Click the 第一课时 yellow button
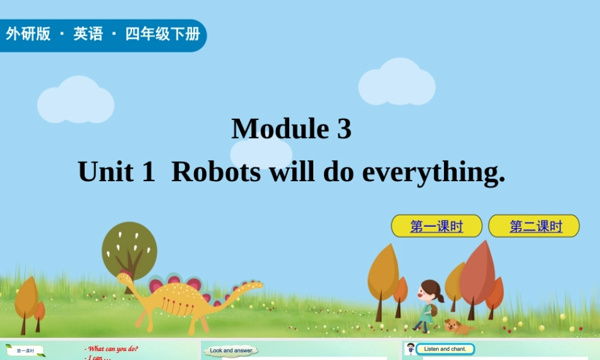point(436,226)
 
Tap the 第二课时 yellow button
point(535,226)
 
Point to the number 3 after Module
point(344,128)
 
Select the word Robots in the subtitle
point(216,172)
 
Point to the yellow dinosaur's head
point(125,278)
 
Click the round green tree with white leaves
point(129,249)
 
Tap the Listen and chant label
point(445,349)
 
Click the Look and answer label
point(232,350)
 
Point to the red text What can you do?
point(112,349)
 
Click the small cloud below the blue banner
point(76,101)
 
